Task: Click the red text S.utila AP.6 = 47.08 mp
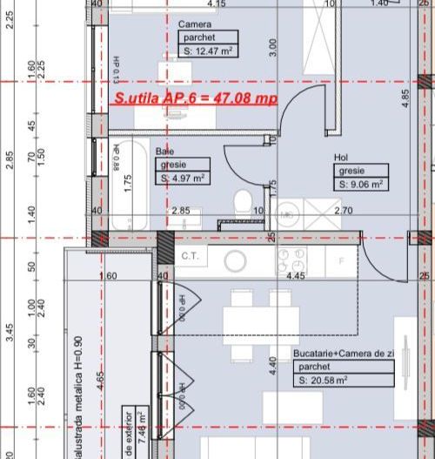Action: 196,98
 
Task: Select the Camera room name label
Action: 194,24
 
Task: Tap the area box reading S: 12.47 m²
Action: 208,51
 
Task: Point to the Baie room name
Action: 164,151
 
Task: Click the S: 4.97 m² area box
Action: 183,178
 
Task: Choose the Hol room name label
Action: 342,158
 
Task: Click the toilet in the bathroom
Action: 244,199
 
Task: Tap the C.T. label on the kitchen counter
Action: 190,256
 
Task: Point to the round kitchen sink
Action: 236,260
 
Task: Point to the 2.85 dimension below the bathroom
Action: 180,211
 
